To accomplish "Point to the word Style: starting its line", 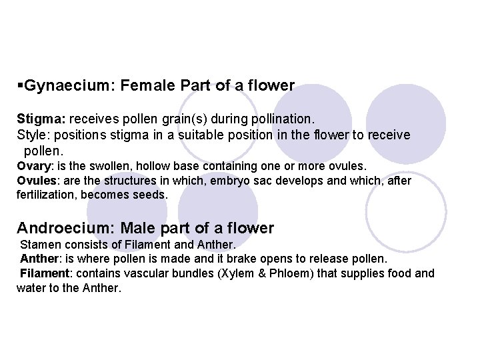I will pos(31,135).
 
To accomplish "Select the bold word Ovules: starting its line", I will pos(35,181).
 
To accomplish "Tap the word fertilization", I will pos(45,195).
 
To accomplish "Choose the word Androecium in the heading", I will pos(66,229).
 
